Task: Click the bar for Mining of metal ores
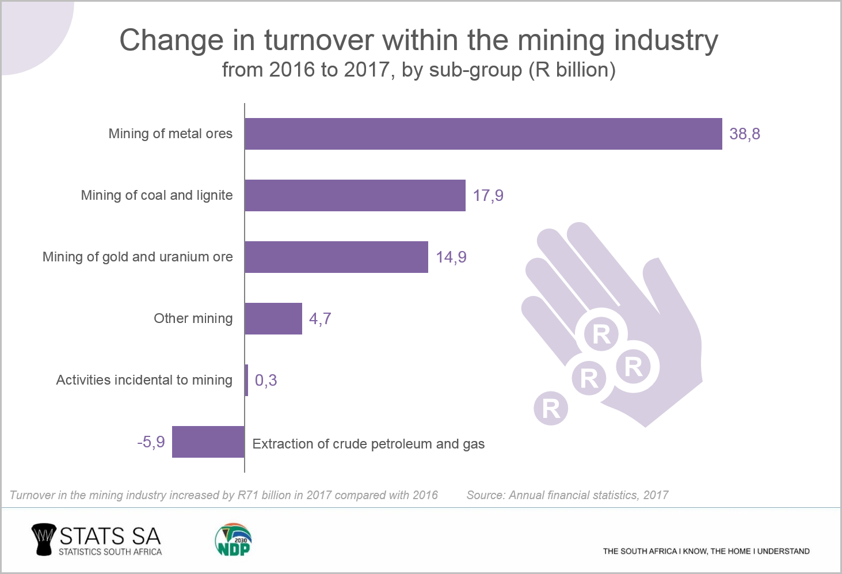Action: pyautogui.click(x=483, y=134)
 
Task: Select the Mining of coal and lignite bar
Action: pyautogui.click(x=355, y=196)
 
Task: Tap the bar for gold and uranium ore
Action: pyautogui.click(x=336, y=257)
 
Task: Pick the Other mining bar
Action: pyautogui.click(x=273, y=319)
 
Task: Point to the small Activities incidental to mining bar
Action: pyautogui.click(x=246, y=381)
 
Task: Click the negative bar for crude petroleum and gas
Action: pyautogui.click(x=208, y=442)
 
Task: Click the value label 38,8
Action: pyautogui.click(x=745, y=134)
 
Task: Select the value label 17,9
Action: pyautogui.click(x=488, y=196)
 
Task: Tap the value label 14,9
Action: pyautogui.click(x=451, y=257)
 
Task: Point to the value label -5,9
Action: pyautogui.click(x=151, y=442)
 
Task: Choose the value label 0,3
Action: pyautogui.click(x=266, y=381)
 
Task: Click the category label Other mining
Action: pyautogui.click(x=193, y=319)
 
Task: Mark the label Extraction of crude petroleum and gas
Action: pyautogui.click(x=368, y=444)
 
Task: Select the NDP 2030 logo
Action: pyautogui.click(x=233, y=540)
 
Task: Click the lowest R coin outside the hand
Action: pyautogui.click(x=551, y=408)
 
